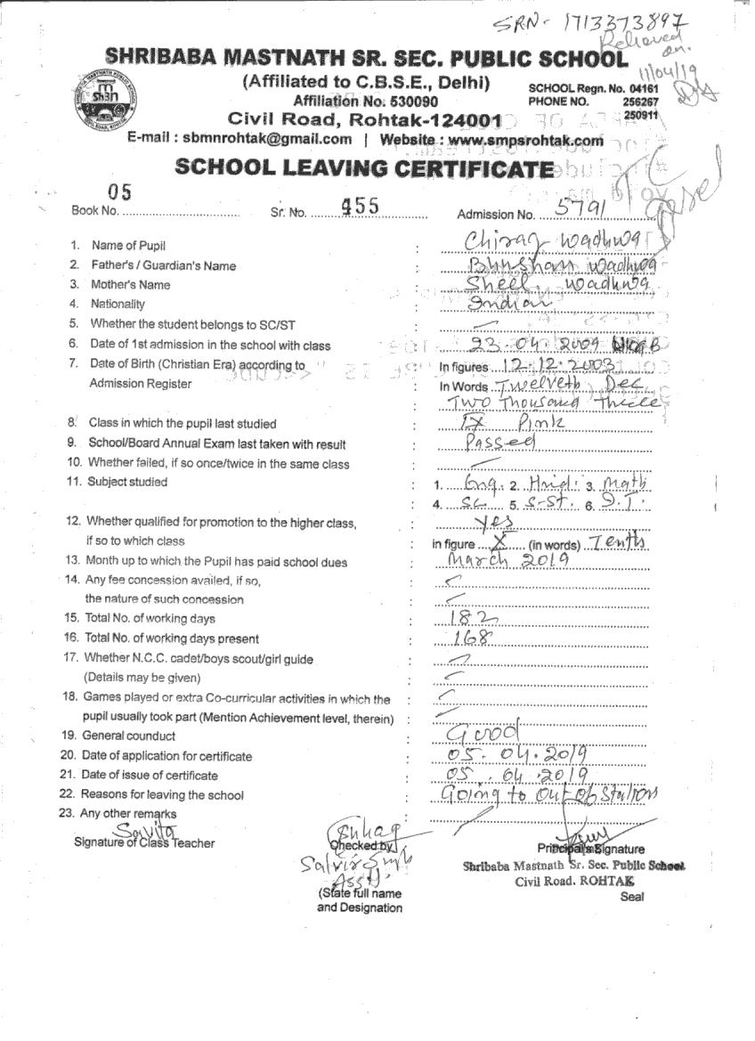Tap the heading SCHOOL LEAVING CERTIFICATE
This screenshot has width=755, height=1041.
point(364,167)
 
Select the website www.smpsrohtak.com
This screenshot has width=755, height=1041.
point(526,140)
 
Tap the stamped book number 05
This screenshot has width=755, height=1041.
point(119,191)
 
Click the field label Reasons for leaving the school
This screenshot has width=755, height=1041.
point(162,794)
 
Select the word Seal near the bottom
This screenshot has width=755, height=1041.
point(631,897)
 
